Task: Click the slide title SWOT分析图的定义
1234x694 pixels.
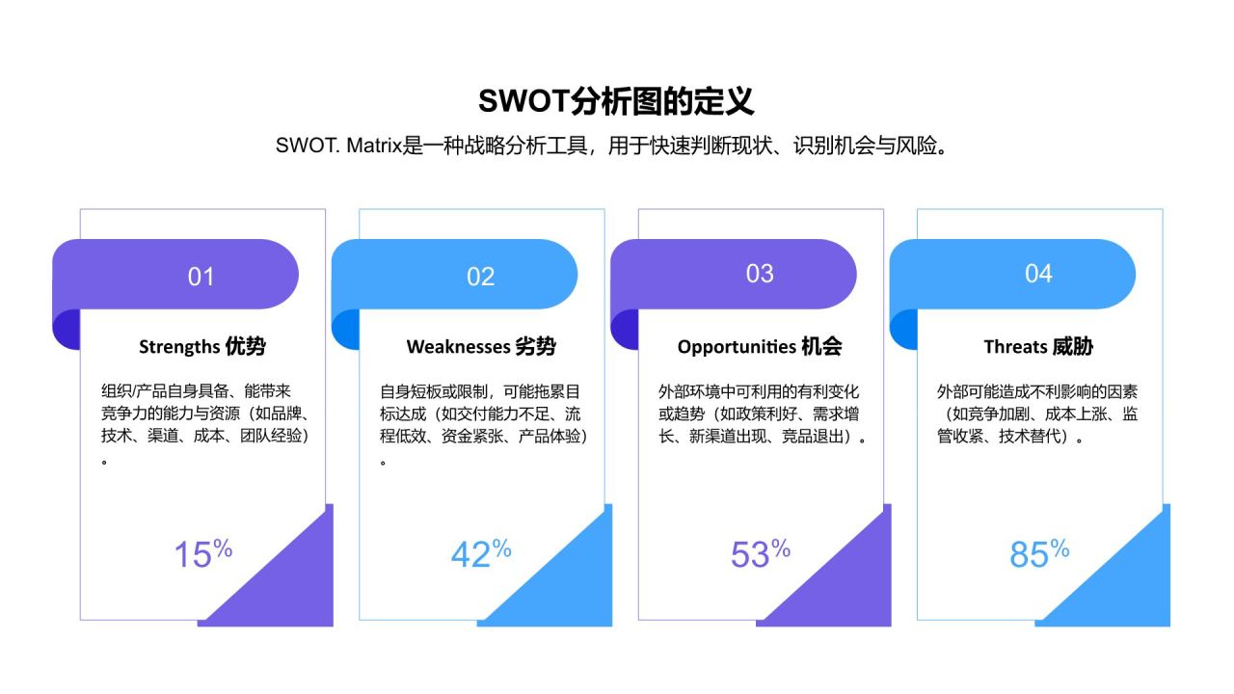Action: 616,101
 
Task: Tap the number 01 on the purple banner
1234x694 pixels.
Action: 201,277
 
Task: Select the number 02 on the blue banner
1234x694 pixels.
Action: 480,277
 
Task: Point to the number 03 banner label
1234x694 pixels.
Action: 760,274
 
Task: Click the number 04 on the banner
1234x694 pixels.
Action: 1038,274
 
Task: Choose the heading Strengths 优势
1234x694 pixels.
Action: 202,347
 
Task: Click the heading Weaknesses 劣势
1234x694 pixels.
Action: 481,347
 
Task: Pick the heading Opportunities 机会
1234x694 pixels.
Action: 760,347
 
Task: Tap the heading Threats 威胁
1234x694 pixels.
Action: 1038,347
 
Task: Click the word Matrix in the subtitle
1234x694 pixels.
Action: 373,147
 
